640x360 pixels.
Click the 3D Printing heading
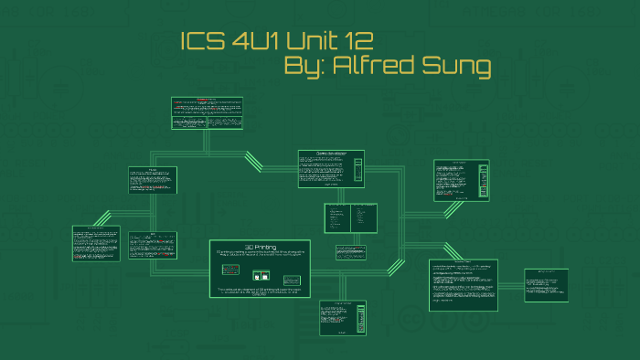coord(260,247)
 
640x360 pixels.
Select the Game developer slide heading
coord(330,154)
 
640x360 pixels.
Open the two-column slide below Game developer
coord(350,218)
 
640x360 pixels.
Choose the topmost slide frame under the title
coord(207,112)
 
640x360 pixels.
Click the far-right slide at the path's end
coord(546,284)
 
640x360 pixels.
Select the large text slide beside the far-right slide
coord(463,284)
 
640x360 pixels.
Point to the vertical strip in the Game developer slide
coord(357,170)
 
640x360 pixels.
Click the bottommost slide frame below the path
coord(343,320)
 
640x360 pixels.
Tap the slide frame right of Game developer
coord(461,180)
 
